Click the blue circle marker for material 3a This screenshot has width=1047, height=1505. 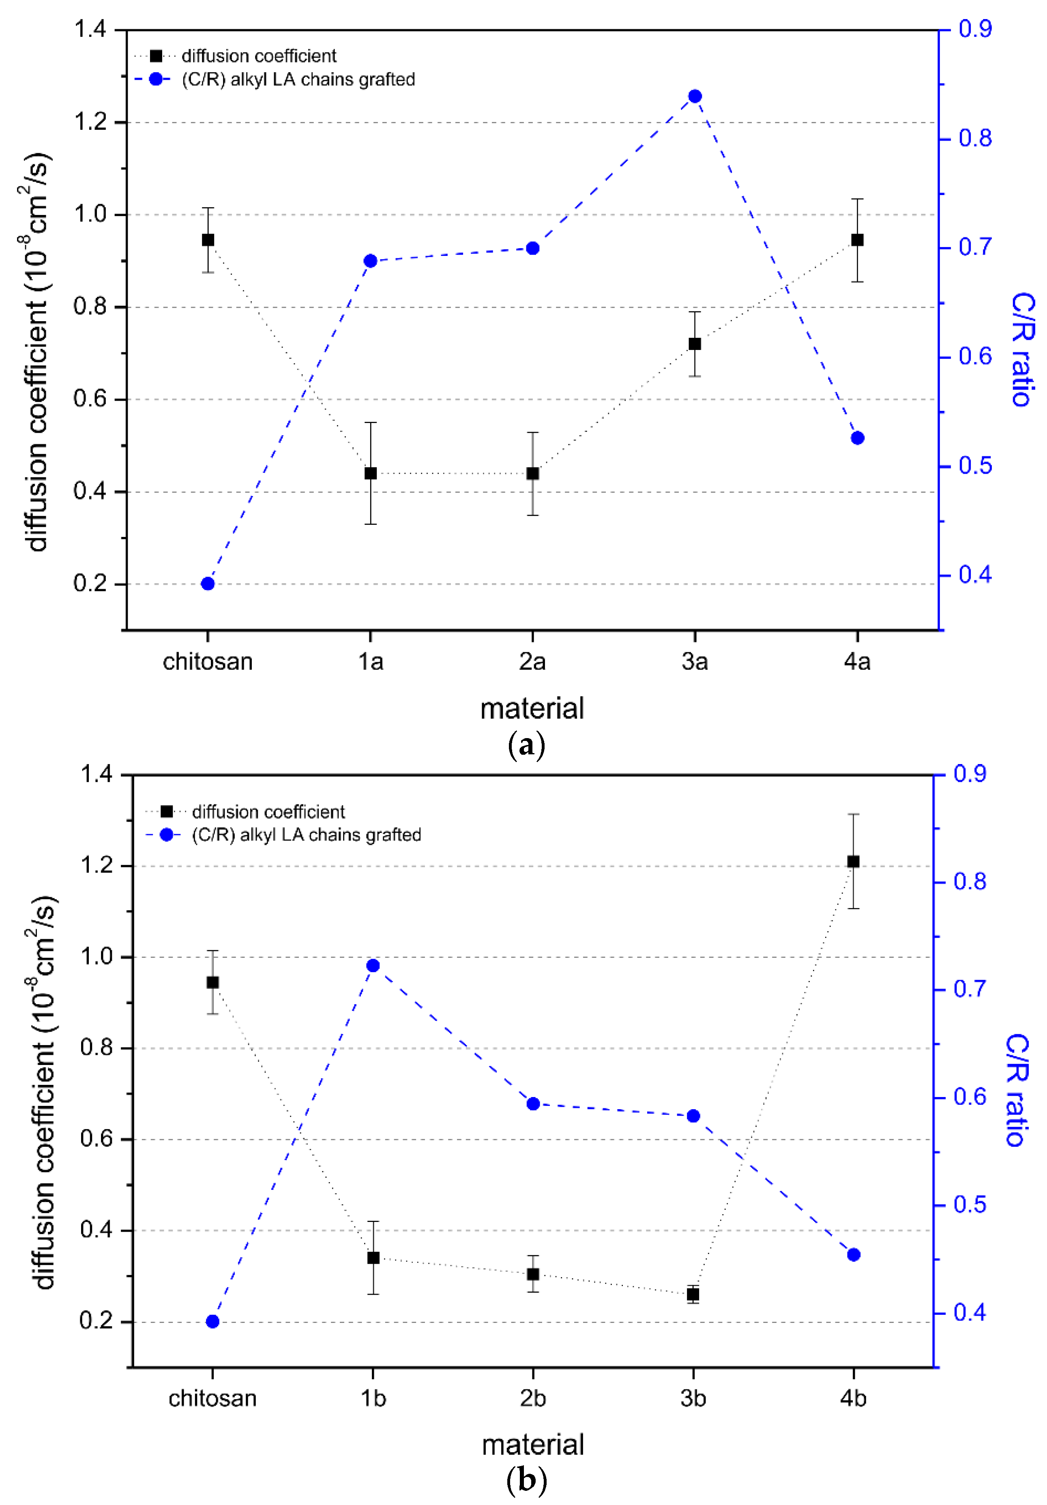(695, 97)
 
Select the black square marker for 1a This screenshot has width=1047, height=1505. (370, 473)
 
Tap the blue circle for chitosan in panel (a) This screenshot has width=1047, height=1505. (208, 584)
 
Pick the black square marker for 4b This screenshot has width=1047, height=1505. (853, 861)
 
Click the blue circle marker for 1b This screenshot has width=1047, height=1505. (373, 966)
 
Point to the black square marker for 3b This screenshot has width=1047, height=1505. (693, 1295)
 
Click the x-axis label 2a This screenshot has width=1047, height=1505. (532, 662)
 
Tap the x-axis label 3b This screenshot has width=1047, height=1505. (693, 1399)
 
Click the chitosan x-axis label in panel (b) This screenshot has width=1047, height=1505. (212, 1399)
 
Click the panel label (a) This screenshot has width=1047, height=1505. (526, 745)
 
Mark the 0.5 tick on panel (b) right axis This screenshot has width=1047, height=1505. (970, 1205)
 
